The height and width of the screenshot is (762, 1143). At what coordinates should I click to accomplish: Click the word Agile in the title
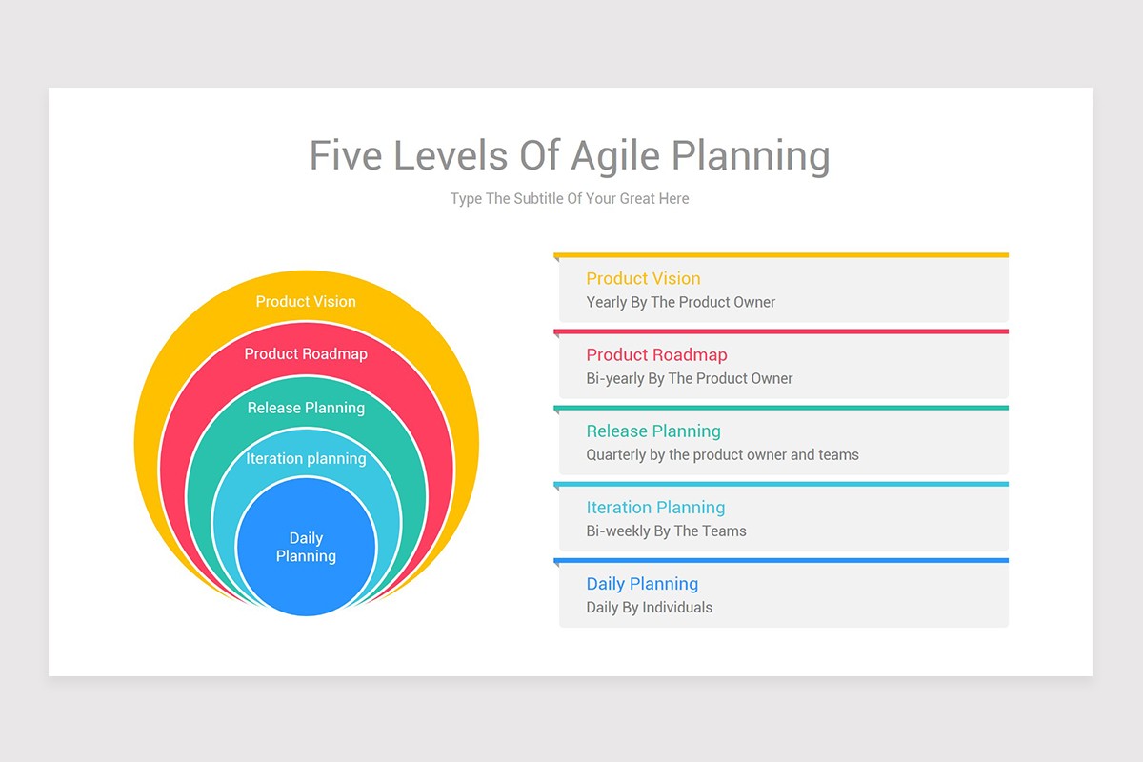(615, 156)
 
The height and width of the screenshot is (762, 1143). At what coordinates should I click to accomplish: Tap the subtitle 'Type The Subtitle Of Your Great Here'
(570, 198)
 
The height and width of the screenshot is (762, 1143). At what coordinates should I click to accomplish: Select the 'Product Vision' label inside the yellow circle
(306, 302)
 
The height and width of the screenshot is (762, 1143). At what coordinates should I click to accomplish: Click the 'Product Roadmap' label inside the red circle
(306, 353)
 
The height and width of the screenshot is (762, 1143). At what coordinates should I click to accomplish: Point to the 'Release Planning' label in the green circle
(306, 408)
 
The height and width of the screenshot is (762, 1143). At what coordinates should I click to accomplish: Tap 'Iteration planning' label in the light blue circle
(306, 458)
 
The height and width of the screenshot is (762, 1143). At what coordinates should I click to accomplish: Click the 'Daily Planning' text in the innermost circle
(306, 547)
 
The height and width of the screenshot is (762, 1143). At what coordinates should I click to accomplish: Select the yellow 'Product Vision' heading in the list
(643, 278)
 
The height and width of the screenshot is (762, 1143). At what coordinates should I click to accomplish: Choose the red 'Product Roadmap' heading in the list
(656, 354)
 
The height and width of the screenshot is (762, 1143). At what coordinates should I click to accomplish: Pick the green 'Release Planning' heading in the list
(653, 431)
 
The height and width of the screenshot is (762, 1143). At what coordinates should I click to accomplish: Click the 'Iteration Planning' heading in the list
(655, 508)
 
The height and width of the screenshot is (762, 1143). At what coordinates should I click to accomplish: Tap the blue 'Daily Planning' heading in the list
(642, 584)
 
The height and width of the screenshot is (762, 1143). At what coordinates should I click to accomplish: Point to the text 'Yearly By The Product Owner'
(681, 302)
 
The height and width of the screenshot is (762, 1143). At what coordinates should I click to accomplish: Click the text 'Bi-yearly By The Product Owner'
(690, 378)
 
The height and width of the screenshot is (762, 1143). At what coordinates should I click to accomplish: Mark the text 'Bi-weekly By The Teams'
(666, 531)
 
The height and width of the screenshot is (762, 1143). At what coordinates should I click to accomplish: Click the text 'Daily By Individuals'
(649, 608)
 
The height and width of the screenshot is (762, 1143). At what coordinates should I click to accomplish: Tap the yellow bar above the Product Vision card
(781, 255)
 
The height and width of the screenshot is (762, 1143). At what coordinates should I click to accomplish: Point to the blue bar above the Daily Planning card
(781, 560)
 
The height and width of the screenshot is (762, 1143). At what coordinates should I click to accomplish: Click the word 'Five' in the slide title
(346, 155)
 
